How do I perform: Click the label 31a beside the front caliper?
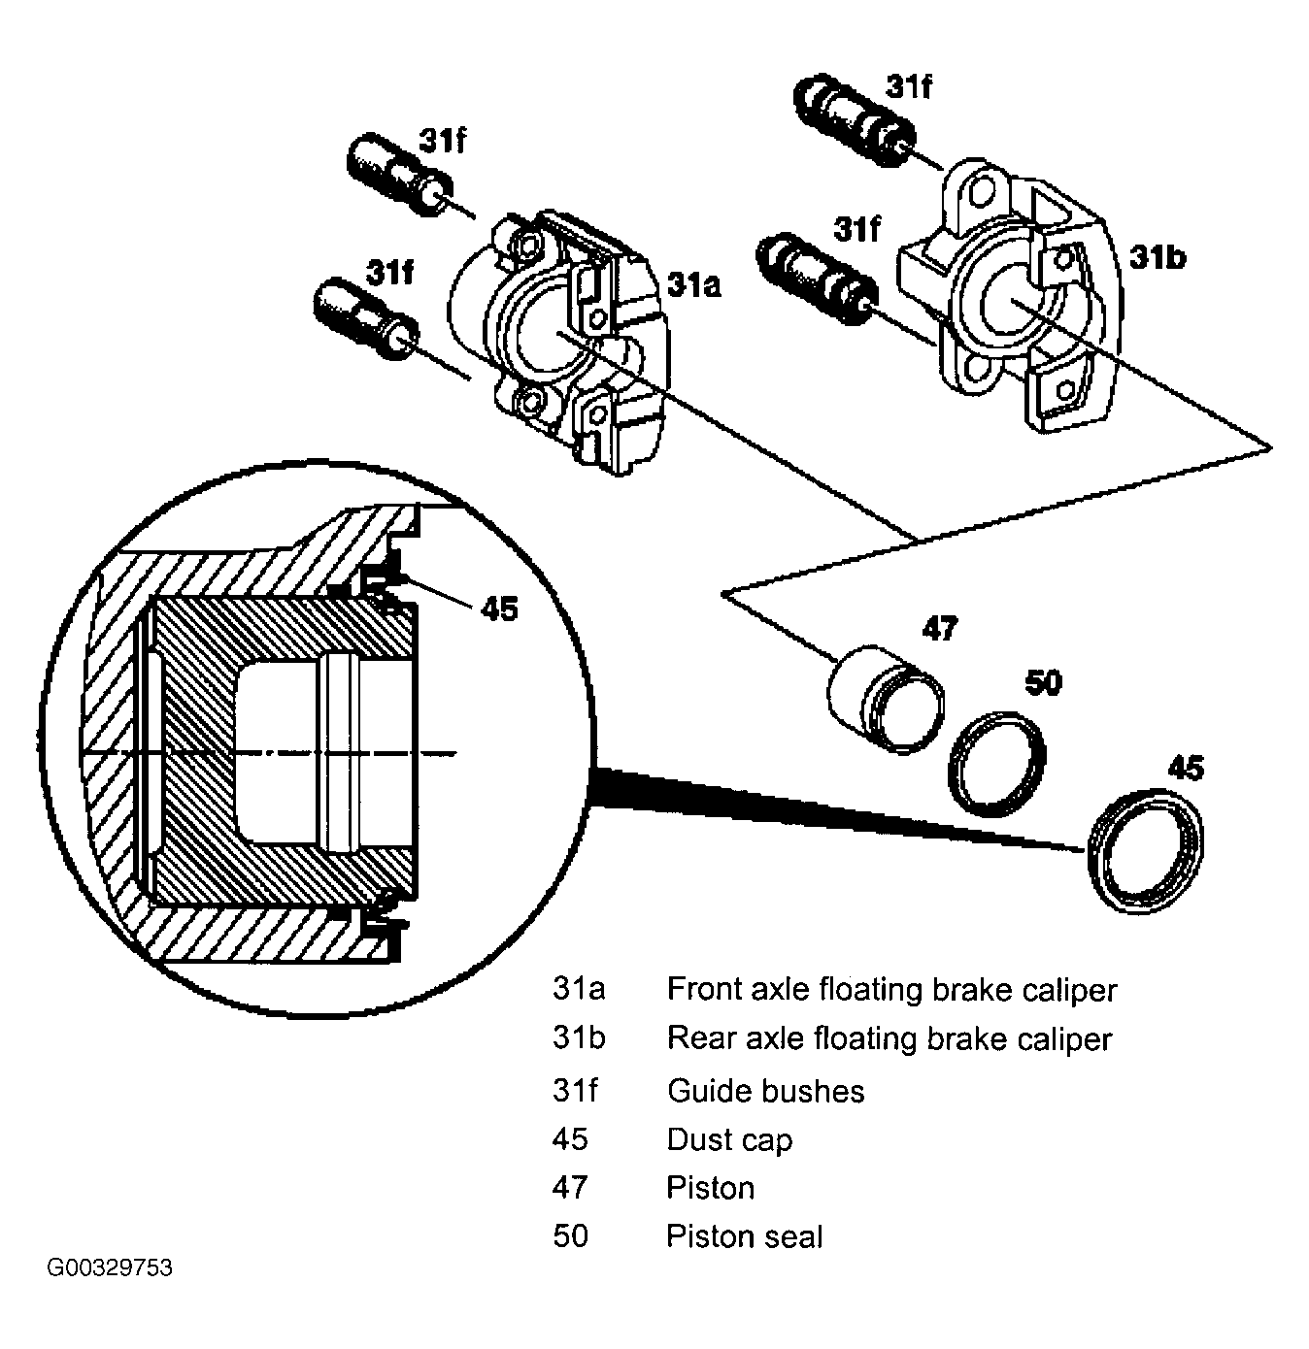[x=693, y=285]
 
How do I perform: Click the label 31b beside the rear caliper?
[x=1158, y=257]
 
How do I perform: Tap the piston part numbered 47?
[x=886, y=700]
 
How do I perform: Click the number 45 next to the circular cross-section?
[x=499, y=609]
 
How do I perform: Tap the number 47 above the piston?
[x=940, y=628]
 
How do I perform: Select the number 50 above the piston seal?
[x=1043, y=683]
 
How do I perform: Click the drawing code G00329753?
[x=110, y=1267]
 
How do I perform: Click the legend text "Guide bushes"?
[x=766, y=1091]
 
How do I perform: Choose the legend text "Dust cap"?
[x=729, y=1140]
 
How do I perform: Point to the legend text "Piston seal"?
[x=745, y=1236]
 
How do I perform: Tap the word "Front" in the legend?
[x=699, y=989]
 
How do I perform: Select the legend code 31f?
[x=575, y=1091]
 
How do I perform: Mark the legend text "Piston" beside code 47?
[x=711, y=1188]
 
